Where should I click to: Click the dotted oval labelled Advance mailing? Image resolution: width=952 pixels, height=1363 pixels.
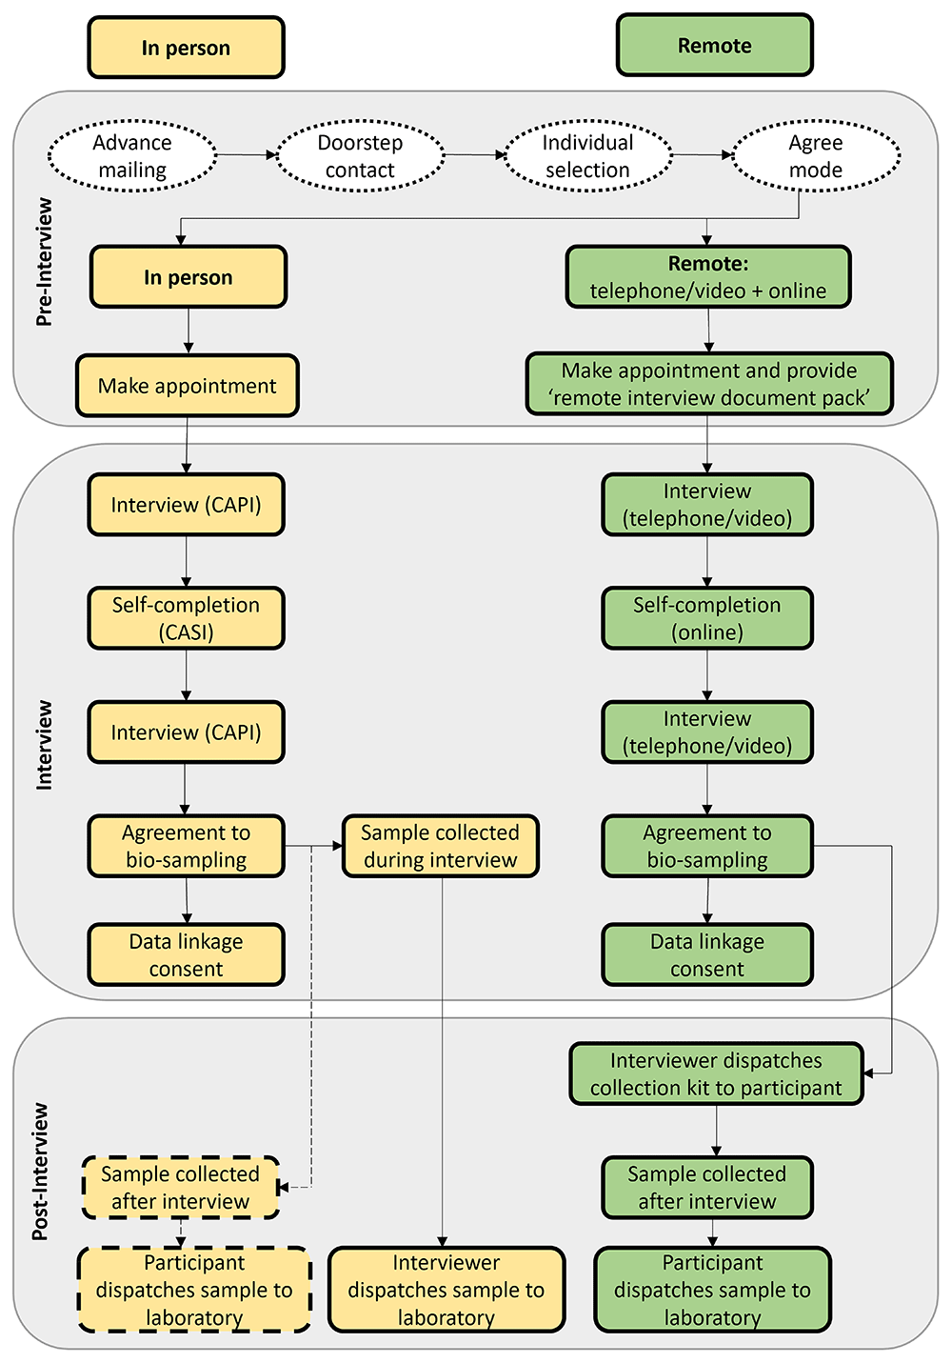point(132,156)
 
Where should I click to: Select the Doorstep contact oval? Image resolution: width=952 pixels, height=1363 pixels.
point(360,156)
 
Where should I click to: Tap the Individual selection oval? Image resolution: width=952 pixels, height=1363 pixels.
point(587,156)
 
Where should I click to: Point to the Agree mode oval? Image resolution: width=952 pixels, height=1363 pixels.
point(815,156)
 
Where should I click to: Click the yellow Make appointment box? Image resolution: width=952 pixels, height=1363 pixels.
point(188,386)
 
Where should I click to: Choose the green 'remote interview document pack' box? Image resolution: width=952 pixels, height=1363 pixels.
point(709,384)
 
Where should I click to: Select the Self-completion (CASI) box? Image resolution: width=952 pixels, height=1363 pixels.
point(186,618)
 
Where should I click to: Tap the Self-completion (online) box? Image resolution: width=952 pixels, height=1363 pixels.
point(707,618)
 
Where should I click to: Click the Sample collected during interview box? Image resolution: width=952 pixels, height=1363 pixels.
point(440,846)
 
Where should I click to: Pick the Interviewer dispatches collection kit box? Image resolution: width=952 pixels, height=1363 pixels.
point(716,1073)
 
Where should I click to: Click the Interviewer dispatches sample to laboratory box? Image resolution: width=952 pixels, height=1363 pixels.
point(446,1290)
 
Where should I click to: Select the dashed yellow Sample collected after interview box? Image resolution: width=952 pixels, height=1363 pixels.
point(181,1188)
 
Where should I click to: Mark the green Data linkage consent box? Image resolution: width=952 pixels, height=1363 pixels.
point(707,954)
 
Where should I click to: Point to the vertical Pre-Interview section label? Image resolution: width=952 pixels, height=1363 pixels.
point(44,262)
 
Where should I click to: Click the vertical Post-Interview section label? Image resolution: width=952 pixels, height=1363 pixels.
point(40,1172)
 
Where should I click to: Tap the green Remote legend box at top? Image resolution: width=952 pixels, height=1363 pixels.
point(714,46)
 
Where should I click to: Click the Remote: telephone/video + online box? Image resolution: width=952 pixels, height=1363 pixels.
point(707,277)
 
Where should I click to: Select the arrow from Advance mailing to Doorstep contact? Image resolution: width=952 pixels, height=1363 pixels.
point(246,154)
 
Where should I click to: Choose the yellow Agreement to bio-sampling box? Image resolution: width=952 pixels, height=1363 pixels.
point(186,846)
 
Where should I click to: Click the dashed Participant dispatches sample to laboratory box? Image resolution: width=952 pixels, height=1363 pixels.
point(194,1290)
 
